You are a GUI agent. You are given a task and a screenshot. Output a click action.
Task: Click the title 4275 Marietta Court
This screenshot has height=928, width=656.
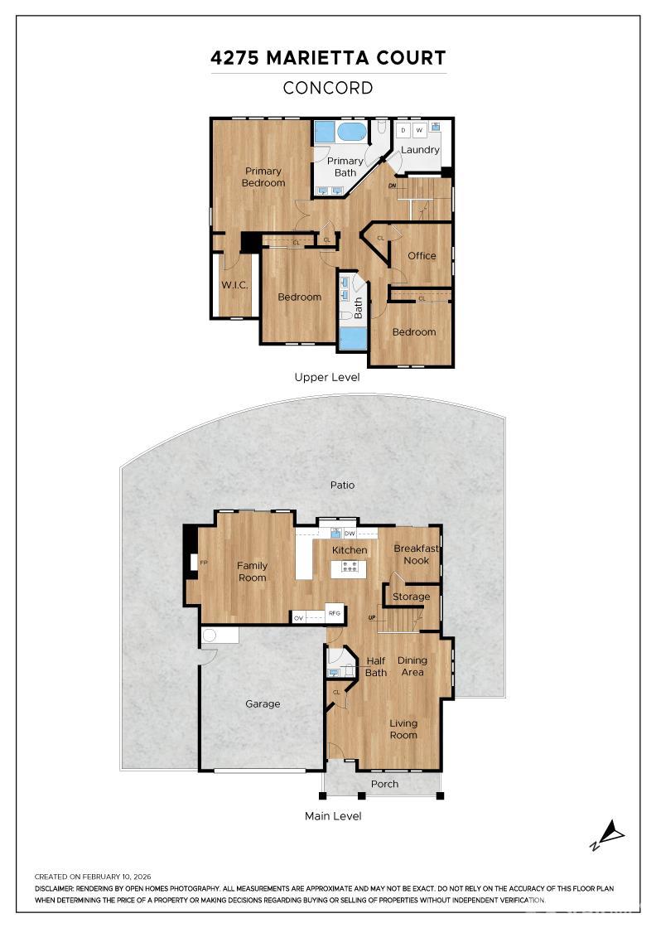coord(328,58)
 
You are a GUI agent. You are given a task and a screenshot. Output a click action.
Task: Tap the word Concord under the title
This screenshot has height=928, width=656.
coord(328,88)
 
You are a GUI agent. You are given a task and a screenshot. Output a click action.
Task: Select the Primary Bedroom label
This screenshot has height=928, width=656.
coord(263,177)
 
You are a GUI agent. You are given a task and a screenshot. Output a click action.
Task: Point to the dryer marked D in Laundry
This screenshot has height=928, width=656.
coord(403,131)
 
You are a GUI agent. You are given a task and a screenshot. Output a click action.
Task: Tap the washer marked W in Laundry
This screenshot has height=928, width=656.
coord(419,131)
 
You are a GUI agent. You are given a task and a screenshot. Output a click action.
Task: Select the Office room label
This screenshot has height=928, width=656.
coord(422,255)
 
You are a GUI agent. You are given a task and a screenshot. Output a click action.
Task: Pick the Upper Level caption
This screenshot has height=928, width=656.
coord(327,377)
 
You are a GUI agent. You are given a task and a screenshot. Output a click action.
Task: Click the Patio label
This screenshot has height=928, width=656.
coord(342,485)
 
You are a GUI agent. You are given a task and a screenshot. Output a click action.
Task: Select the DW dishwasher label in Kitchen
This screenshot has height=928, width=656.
coord(350,534)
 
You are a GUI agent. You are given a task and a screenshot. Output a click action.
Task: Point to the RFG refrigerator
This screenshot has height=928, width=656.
coord(335,614)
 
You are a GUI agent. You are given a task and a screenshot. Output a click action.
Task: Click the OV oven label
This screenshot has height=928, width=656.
coord(298,617)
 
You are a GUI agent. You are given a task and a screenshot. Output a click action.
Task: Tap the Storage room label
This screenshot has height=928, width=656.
coord(411,597)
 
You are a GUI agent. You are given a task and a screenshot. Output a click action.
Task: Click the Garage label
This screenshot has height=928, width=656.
coord(263,703)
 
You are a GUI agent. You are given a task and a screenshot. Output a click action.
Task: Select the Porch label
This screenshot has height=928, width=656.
coord(384,784)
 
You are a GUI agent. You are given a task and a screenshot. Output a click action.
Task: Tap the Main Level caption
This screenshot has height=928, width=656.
coord(333,816)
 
